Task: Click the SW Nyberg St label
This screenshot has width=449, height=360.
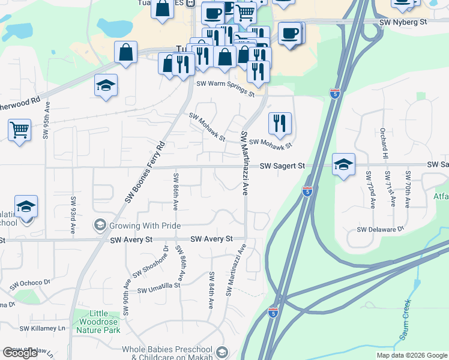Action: tap(403, 22)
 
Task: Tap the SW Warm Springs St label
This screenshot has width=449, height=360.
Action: tap(222, 89)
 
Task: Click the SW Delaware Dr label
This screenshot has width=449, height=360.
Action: tap(381, 229)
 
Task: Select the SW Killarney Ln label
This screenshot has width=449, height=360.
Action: tap(42, 328)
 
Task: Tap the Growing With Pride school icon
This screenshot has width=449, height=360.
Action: tap(100, 226)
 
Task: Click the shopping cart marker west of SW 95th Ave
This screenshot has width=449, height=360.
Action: tap(20, 129)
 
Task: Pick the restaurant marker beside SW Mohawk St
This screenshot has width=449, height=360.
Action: tap(280, 123)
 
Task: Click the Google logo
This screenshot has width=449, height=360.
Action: tap(20, 353)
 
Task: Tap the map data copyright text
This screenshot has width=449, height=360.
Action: tap(412, 355)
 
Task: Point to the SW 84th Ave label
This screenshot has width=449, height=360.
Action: tap(211, 290)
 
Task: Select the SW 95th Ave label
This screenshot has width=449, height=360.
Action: tap(46, 121)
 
